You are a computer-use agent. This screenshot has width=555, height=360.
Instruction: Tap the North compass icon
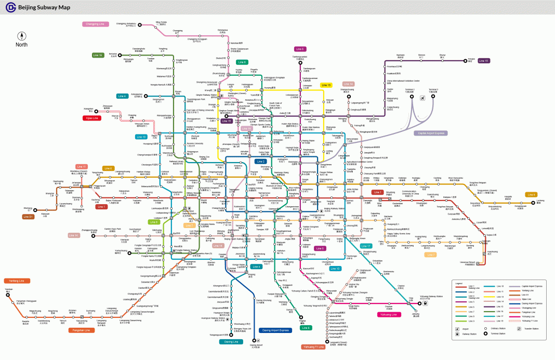tap(21, 36)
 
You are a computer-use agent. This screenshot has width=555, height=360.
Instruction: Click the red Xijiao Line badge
tap(92, 118)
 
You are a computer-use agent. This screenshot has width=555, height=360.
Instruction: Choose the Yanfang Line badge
tap(17, 281)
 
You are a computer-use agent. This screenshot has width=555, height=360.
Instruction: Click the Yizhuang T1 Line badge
tap(313, 346)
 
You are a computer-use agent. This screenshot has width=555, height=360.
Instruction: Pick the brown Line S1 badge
tap(28, 217)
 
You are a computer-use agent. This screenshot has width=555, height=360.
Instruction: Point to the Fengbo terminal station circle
tap(465, 61)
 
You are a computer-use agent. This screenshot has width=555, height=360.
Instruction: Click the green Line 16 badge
tap(98, 55)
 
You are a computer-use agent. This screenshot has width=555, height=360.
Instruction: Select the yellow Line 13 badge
tap(326, 85)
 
